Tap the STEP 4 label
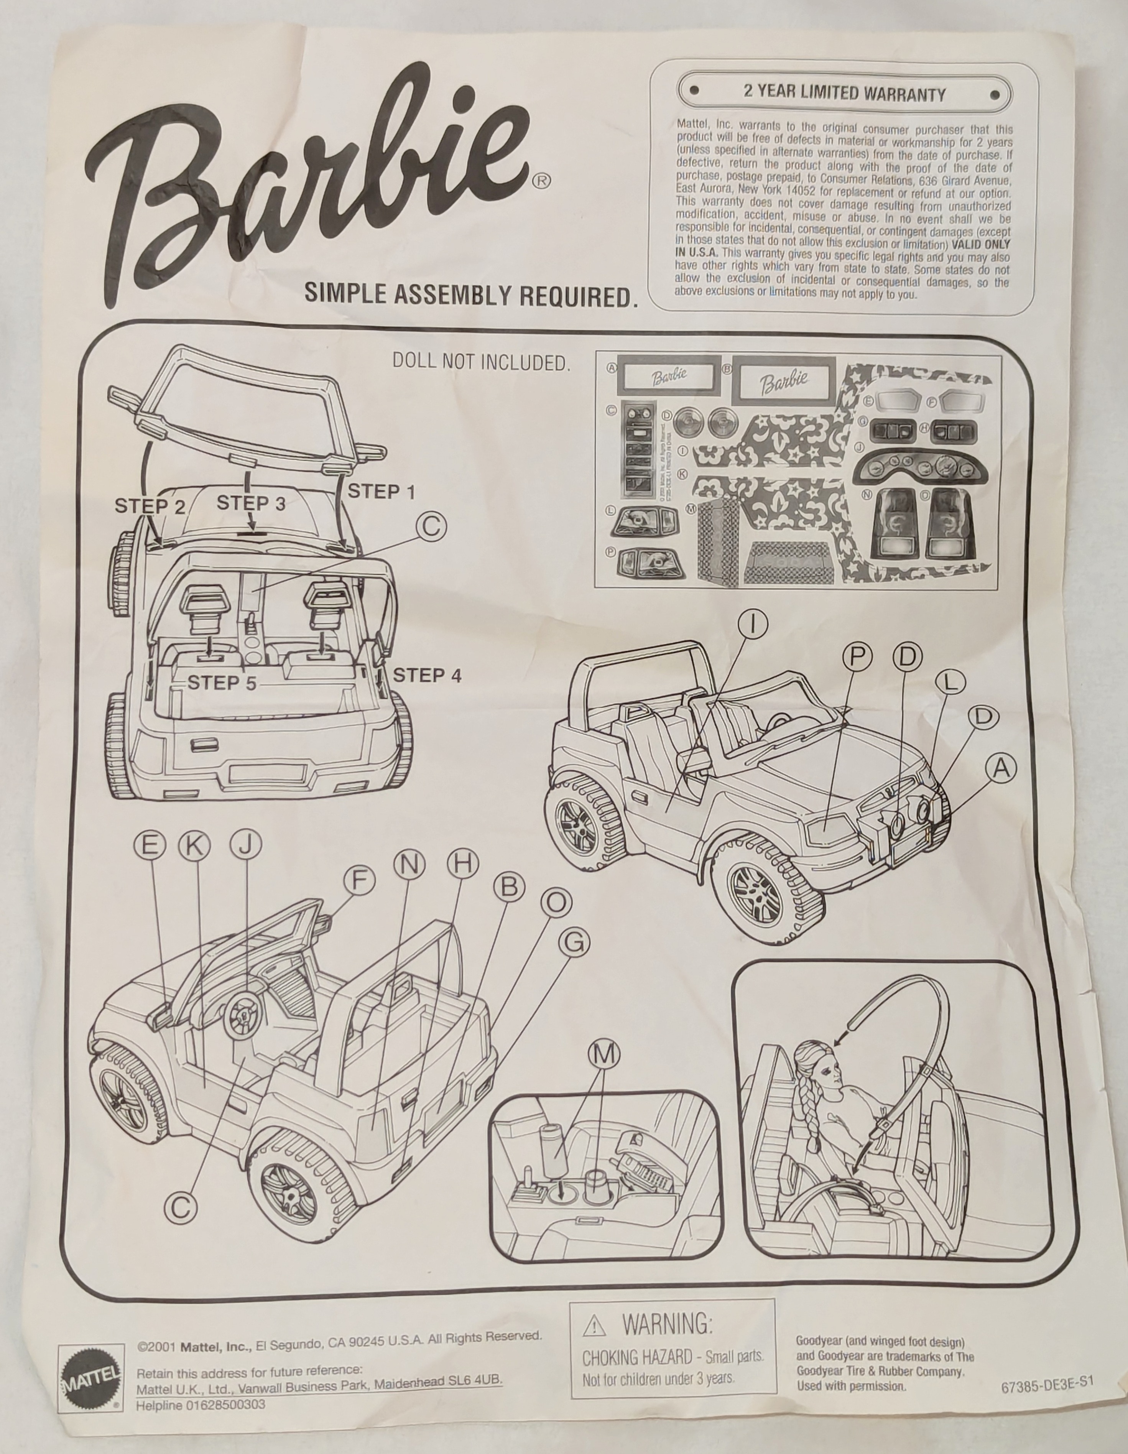point(427,675)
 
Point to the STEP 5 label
point(222,683)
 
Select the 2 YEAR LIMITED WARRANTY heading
point(844,93)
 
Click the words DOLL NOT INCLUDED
point(481,362)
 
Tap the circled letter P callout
point(858,657)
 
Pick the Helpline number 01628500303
point(201,1405)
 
